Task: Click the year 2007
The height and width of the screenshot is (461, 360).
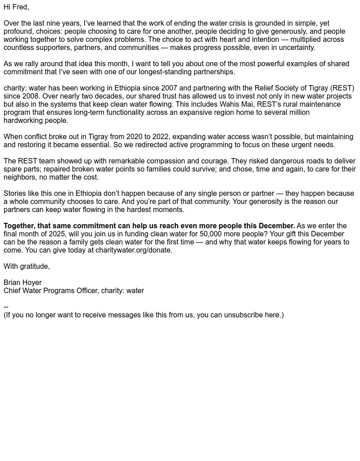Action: pyautogui.click(x=169, y=88)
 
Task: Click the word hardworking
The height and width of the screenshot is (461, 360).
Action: pyautogui.click(x=23, y=121)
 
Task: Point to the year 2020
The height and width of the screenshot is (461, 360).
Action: pyautogui.click(x=134, y=137)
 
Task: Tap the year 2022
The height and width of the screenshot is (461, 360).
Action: pyautogui.click(x=161, y=137)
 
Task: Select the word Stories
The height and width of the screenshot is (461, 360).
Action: pyautogui.click(x=15, y=194)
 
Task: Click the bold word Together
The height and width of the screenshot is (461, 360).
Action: pyautogui.click(x=18, y=226)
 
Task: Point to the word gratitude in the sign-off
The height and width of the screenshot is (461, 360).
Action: pyautogui.click(x=34, y=267)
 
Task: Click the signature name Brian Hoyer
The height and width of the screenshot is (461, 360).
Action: pyautogui.click(x=22, y=283)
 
